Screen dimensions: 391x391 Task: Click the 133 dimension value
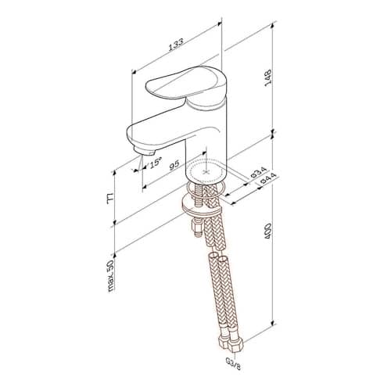(176, 44)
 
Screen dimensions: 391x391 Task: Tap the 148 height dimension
(268, 77)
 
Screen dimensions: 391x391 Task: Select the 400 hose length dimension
(268, 231)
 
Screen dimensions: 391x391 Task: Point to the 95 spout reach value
(174, 165)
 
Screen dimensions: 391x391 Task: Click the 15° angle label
(156, 163)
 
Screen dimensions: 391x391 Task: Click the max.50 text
(110, 276)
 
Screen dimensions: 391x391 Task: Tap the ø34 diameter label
(258, 173)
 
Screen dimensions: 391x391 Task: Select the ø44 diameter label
(268, 178)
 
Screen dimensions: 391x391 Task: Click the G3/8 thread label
(234, 365)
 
